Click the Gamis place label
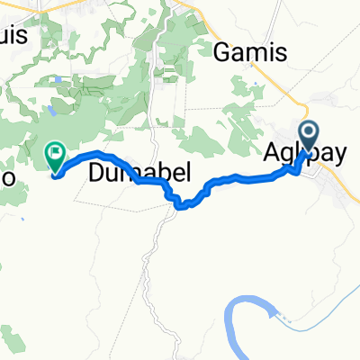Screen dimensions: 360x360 248,50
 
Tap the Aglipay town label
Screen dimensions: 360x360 309,156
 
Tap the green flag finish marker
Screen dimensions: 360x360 55,156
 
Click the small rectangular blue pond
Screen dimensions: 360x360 57,79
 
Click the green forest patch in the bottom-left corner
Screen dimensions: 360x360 13,342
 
